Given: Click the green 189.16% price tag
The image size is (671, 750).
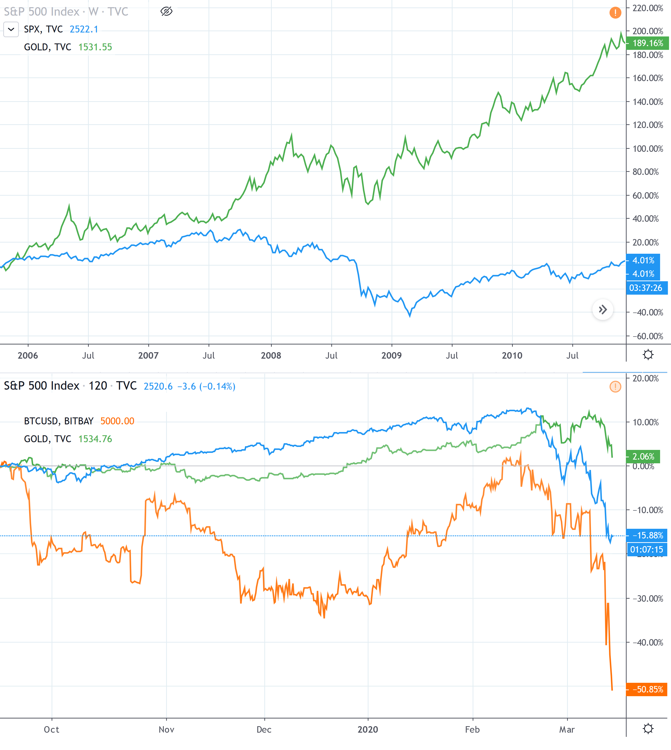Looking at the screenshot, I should click(647, 43).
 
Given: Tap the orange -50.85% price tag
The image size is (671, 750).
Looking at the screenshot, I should click(647, 689).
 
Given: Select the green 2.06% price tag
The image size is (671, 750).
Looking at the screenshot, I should click(643, 457).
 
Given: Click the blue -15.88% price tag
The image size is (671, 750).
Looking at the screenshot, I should click(647, 535).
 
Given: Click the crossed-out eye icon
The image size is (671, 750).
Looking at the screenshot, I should click(166, 11).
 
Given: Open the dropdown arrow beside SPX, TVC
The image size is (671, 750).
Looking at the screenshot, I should click(11, 29).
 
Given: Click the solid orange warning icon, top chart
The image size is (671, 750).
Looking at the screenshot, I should click(615, 13).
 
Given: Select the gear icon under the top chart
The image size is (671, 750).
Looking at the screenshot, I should click(648, 355).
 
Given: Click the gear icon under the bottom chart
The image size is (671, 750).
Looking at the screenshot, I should click(648, 729).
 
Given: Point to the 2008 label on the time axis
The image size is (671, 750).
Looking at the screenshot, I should click(271, 355).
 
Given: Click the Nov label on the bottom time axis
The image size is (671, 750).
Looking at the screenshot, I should click(166, 729).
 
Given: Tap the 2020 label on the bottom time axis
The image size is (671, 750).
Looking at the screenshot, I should click(367, 729).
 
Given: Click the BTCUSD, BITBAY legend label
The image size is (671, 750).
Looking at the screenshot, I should click(59, 421).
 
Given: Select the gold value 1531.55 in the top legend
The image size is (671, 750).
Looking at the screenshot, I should click(95, 47).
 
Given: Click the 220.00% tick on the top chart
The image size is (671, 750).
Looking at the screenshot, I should click(647, 8).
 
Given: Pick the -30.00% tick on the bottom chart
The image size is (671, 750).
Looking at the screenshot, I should click(647, 598).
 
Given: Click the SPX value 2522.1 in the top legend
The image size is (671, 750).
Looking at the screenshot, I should click(84, 29).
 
